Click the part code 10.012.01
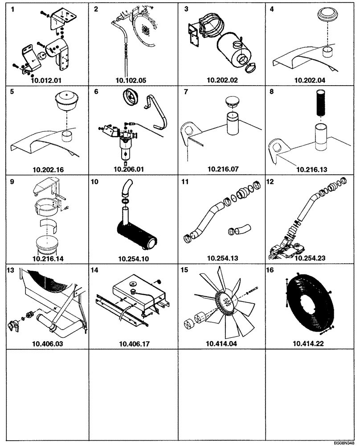coord(45,81)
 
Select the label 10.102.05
coord(131,81)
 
